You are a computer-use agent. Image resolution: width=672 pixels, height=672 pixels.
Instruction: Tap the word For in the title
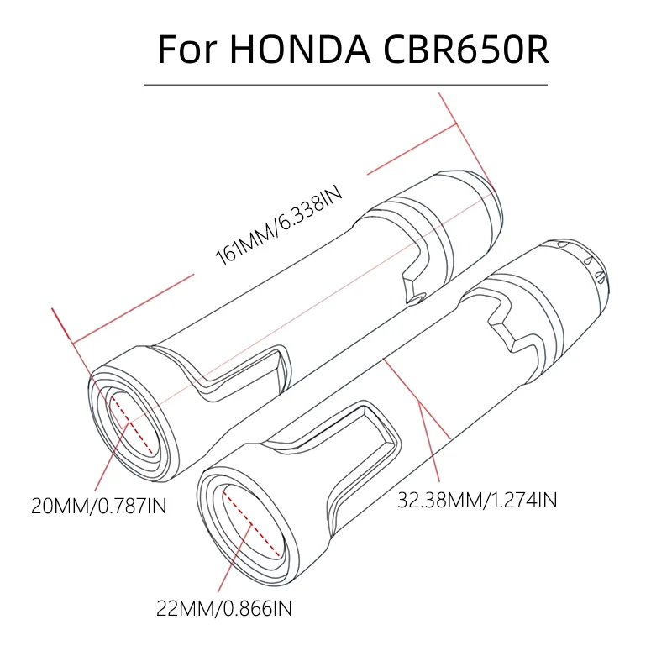186,50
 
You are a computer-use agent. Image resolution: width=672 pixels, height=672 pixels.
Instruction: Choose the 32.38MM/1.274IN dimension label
477,499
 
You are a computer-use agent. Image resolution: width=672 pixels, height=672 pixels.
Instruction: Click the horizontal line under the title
345,85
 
